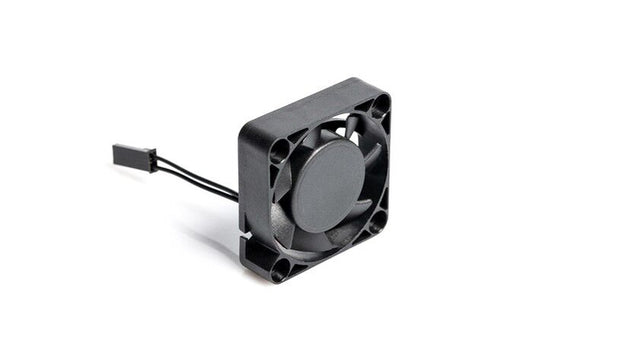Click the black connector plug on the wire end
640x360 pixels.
134,158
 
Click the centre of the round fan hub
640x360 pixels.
328,186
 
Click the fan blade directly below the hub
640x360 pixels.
320,240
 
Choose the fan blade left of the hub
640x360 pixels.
285,200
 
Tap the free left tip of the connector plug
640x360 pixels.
116,152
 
